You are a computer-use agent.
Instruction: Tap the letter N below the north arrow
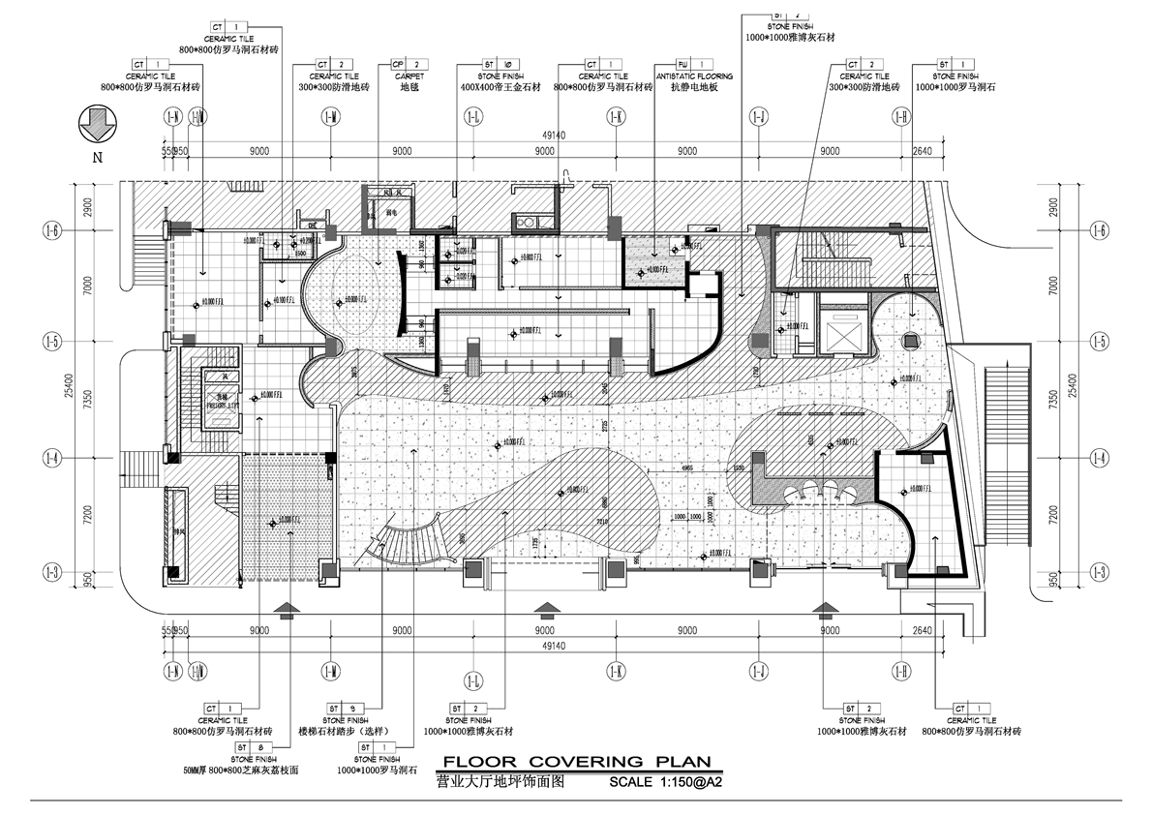tap(99, 157)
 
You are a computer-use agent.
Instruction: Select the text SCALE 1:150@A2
tap(665, 780)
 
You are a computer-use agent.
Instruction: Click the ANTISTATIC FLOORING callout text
tap(693, 75)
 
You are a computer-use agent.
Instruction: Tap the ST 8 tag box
tap(236, 747)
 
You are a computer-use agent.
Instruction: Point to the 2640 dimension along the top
tap(922, 151)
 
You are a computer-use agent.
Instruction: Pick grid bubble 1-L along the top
tap(473, 117)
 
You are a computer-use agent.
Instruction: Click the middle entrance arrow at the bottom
tap(547, 608)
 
